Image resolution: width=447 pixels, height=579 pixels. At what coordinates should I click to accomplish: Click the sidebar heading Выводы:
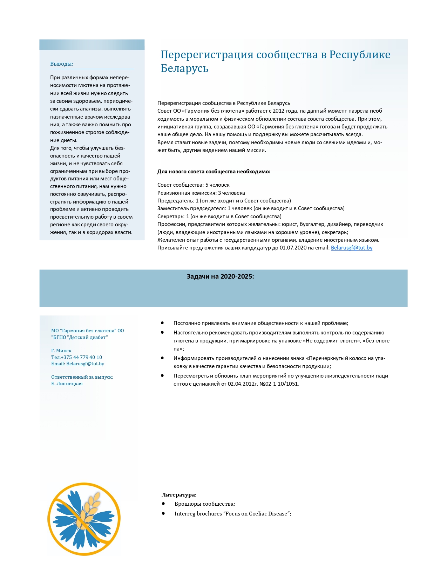point(62,64)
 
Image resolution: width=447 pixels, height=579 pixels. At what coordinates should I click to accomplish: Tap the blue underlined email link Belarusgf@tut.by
point(351,248)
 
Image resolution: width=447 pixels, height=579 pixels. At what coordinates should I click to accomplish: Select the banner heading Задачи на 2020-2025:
point(220,277)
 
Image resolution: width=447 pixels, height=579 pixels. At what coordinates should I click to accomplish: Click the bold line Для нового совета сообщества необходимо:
point(214,172)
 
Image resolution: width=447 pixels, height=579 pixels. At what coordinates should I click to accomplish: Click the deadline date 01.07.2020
point(293,248)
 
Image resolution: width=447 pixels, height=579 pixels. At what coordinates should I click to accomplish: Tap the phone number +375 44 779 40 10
point(81,357)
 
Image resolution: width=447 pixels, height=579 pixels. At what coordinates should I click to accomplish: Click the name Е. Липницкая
point(67,384)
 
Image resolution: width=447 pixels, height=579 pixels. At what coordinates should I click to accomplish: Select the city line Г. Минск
point(61,351)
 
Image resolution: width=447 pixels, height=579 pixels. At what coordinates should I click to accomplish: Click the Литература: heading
point(179,495)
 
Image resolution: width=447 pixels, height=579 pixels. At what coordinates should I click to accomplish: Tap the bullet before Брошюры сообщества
point(163,504)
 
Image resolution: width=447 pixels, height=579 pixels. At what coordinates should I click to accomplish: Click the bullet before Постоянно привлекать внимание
point(162,323)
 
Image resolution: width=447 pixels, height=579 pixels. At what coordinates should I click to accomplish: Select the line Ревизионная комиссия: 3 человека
point(201,193)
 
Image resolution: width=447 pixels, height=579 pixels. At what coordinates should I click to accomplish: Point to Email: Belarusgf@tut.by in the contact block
point(77,364)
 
